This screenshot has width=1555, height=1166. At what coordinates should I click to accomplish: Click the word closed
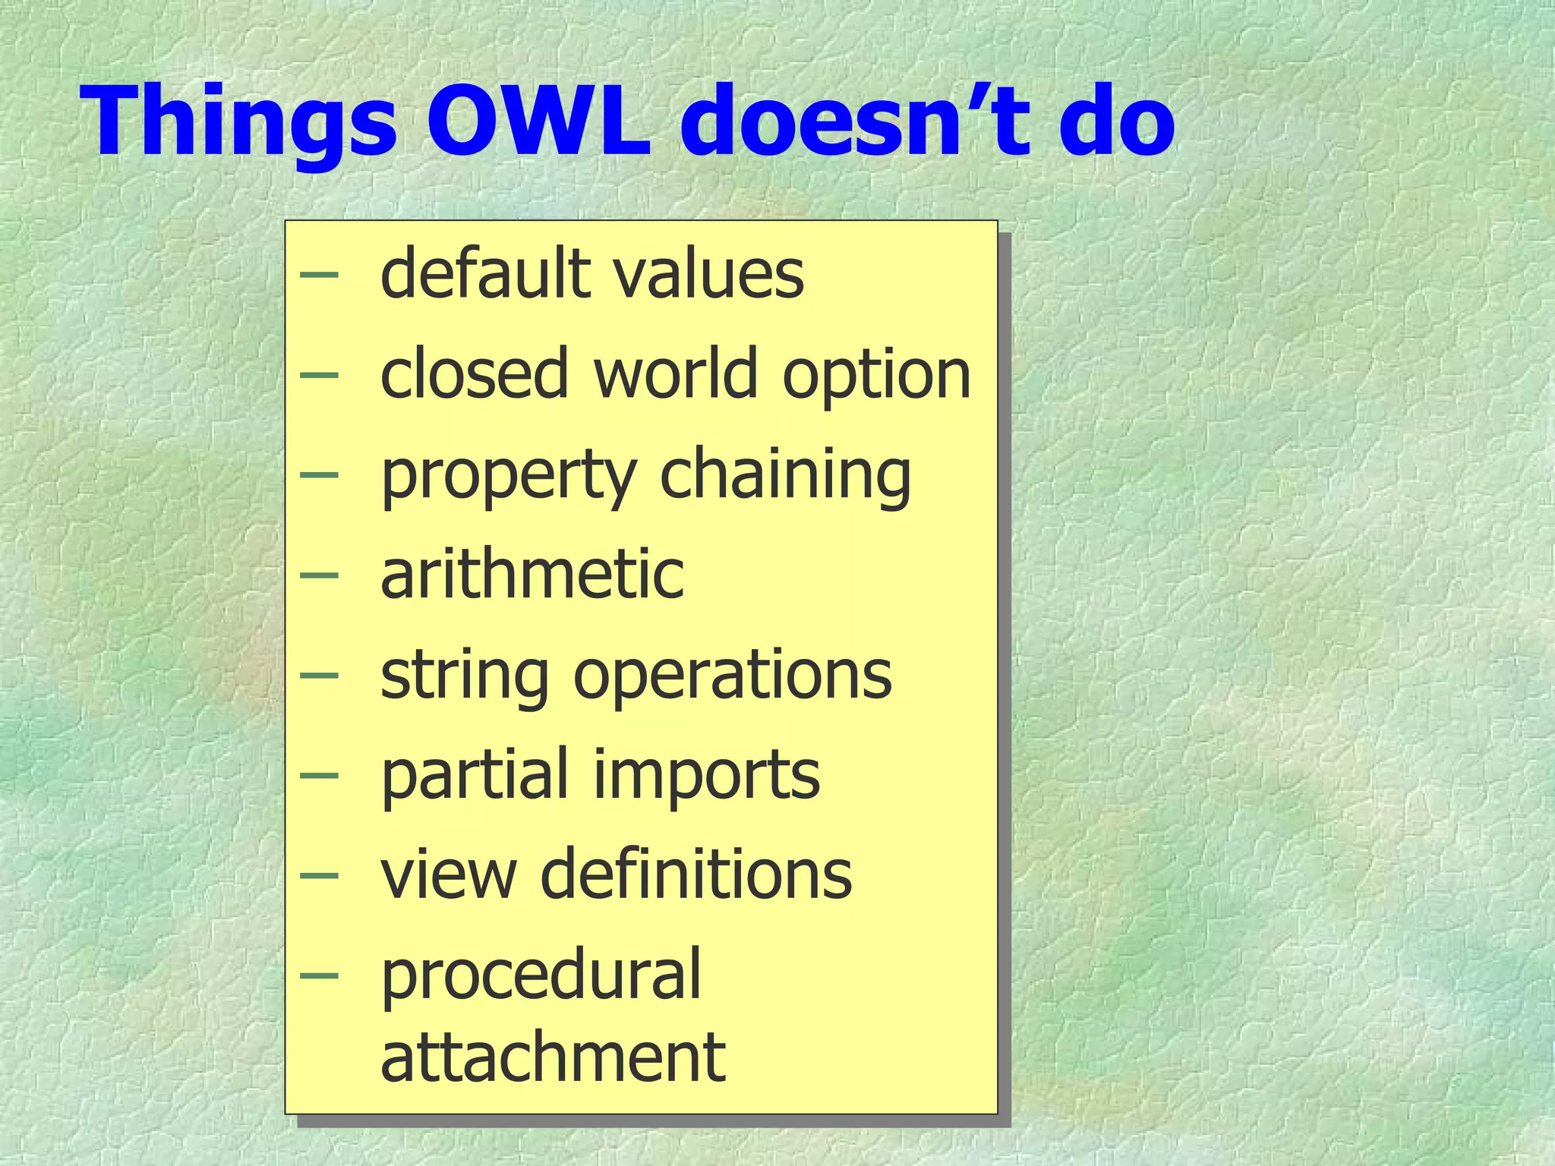pyautogui.click(x=474, y=373)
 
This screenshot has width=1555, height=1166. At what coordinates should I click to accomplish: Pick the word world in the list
pyautogui.click(x=676, y=373)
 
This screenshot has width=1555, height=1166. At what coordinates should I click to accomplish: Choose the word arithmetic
pyautogui.click(x=532, y=574)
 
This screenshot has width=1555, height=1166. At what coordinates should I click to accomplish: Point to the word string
pyautogui.click(x=464, y=676)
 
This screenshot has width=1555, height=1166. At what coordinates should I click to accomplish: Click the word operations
pyautogui.click(x=733, y=676)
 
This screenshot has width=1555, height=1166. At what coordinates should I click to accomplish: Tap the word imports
pyautogui.click(x=706, y=776)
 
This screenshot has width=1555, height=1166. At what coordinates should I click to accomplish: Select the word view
pyautogui.click(x=449, y=874)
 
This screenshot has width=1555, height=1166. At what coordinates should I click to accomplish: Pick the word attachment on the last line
pyautogui.click(x=553, y=1057)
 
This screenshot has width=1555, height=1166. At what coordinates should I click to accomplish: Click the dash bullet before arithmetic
pyautogui.click(x=318, y=575)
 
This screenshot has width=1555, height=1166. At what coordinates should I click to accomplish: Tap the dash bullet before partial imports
pyautogui.click(x=318, y=775)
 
